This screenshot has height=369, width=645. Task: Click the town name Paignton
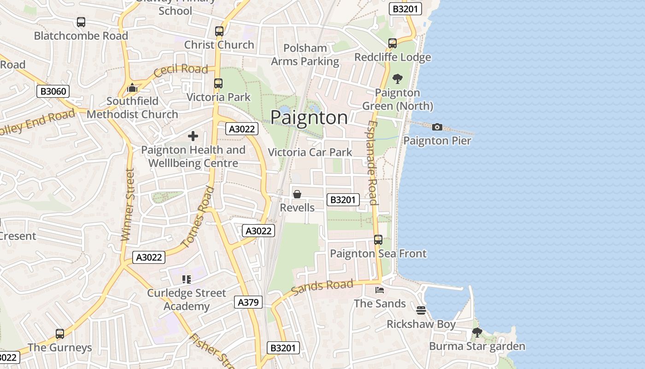tap(309, 117)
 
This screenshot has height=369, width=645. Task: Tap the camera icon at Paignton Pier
tap(437, 127)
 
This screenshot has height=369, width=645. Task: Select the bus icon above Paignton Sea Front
tap(378, 240)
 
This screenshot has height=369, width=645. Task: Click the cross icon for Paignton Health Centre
tap(193, 136)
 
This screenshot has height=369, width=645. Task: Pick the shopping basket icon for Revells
tap(297, 194)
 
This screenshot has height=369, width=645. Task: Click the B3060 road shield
tap(53, 91)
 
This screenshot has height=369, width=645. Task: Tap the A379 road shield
tap(249, 302)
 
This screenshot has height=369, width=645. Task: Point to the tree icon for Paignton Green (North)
tap(397, 79)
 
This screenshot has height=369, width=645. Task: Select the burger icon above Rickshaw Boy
tap(421, 310)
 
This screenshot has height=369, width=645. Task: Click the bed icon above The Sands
tap(380, 290)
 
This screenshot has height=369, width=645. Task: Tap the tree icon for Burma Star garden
tap(477, 332)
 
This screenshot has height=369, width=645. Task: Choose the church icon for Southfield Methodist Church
tap(132, 88)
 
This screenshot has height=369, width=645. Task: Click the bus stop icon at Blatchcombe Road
tap(81, 22)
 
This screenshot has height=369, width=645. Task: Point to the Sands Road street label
tap(322, 287)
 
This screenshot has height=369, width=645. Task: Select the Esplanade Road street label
tap(373, 163)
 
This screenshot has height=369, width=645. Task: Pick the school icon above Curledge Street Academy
tap(187, 279)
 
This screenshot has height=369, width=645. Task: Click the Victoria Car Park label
tap(310, 152)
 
